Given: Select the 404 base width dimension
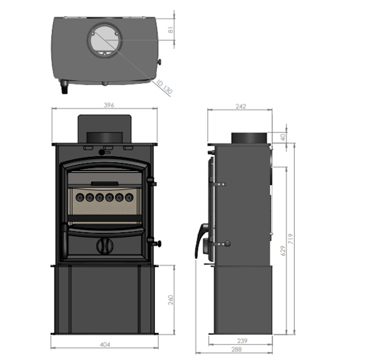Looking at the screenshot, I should [x=104, y=344].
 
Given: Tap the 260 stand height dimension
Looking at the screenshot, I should [x=171, y=299].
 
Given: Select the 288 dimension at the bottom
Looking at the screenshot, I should [x=240, y=349].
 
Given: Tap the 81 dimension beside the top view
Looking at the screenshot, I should [x=172, y=28].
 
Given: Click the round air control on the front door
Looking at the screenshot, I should [x=104, y=246].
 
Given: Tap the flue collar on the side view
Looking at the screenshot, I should [x=249, y=138].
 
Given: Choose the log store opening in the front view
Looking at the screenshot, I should [x=104, y=299].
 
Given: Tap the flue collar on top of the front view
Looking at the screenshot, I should [x=104, y=137].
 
